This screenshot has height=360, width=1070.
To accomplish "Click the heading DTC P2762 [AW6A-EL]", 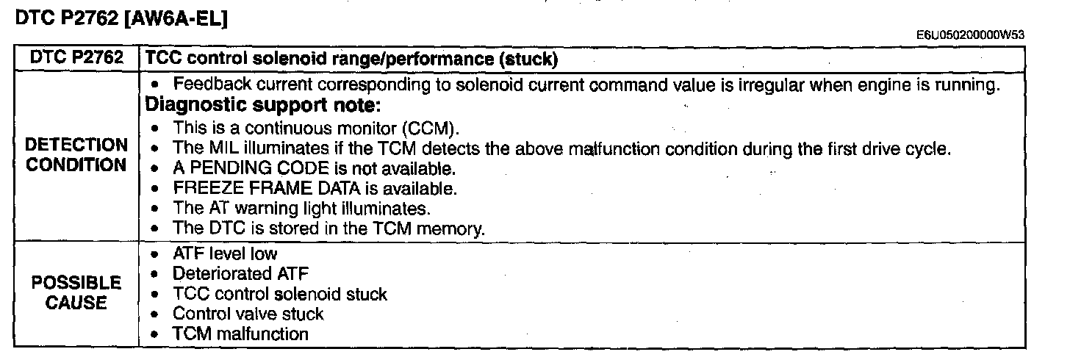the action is click(x=121, y=18).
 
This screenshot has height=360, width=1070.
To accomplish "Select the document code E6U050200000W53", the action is click(x=970, y=35).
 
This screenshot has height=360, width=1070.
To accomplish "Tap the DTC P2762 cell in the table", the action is click(x=76, y=58).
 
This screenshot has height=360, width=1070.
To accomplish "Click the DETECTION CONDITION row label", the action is click(x=76, y=155).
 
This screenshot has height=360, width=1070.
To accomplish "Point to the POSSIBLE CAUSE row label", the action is click(x=76, y=292).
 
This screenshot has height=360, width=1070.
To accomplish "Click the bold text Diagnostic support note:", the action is click(x=263, y=105).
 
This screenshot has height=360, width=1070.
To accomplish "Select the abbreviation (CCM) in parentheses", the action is click(x=431, y=129).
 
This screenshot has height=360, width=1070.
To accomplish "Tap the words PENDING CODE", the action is click(x=260, y=168).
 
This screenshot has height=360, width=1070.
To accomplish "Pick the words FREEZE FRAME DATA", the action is click(x=267, y=189).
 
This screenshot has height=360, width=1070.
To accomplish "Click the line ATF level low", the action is click(x=225, y=253).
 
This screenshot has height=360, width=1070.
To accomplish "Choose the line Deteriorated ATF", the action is click(x=241, y=273).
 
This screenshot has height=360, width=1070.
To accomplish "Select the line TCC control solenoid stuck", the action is click(x=280, y=294).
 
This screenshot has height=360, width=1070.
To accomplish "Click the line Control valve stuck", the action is click(x=248, y=314).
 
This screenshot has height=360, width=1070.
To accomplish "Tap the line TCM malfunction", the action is click(x=241, y=334).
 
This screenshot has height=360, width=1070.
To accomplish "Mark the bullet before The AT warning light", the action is click(x=154, y=209).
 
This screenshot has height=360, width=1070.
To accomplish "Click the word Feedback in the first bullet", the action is click(x=212, y=84).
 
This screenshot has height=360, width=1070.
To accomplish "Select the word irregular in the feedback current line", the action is click(x=771, y=85).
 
